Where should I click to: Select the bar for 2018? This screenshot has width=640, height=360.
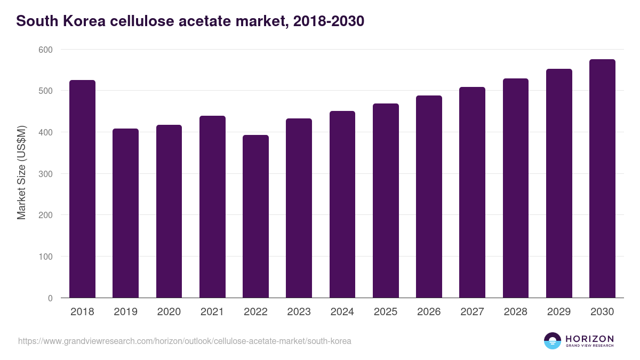(82, 189)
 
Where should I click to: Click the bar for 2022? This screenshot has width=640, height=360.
(255, 216)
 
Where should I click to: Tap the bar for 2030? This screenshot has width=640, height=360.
(602, 178)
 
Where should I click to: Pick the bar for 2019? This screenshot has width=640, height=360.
(125, 213)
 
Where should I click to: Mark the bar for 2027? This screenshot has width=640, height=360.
(472, 192)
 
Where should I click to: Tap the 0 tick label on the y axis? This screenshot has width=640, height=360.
(50, 298)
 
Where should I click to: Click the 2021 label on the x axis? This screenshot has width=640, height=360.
(212, 312)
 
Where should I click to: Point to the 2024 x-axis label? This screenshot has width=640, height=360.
(342, 312)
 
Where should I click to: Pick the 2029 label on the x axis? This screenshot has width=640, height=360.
(559, 312)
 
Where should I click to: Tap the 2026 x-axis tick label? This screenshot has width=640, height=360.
(429, 312)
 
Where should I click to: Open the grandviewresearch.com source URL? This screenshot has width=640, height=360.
(185, 341)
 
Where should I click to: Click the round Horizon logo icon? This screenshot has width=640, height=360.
(553, 341)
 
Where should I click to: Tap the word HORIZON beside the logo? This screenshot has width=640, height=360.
(589, 339)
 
